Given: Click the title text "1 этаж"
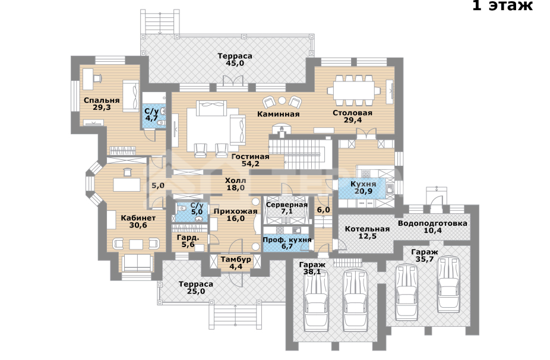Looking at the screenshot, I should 502,7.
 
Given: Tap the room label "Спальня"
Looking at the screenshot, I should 102,100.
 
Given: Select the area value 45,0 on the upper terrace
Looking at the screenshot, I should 235,64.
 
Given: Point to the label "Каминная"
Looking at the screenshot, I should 278,113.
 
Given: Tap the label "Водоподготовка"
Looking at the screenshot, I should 432,223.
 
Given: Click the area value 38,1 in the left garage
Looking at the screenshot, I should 312,273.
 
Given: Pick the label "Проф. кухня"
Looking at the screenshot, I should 287,240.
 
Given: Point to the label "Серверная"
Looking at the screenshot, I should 286,204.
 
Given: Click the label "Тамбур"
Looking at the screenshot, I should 236,260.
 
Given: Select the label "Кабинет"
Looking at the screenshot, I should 138,217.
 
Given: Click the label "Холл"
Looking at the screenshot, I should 235,180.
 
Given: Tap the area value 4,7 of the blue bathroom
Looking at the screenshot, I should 151,118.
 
